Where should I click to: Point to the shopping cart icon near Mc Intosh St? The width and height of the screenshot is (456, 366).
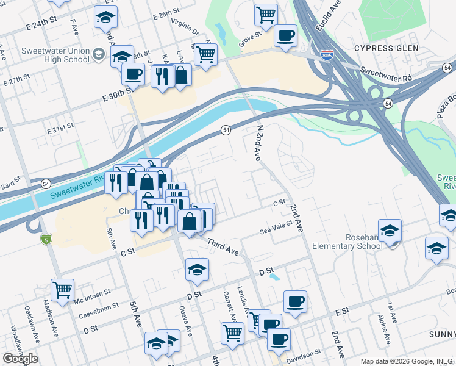click(x=62, y=290)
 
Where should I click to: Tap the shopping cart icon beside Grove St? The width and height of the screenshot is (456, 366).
click(x=265, y=15)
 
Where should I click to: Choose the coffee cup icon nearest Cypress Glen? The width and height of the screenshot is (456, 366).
click(x=285, y=35)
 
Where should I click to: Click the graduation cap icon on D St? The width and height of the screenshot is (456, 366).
click(x=197, y=269)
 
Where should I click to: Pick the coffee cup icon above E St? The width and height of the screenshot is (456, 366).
click(x=295, y=301)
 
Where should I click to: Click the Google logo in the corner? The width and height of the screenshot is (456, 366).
click(x=20, y=358)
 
